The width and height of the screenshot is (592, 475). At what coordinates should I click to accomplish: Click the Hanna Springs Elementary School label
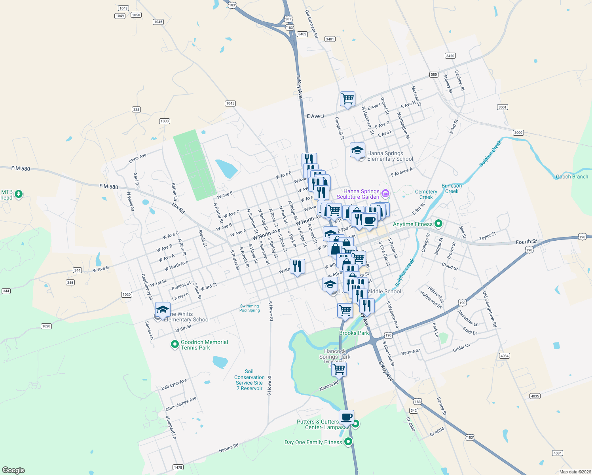click(x=390, y=156)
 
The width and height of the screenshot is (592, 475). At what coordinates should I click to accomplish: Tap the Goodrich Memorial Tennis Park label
click(x=204, y=345)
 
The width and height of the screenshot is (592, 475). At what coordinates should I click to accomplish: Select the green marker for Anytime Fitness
click(x=438, y=224)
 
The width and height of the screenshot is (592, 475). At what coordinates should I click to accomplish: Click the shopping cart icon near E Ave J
click(x=347, y=99)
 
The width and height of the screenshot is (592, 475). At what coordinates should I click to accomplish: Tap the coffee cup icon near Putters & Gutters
click(x=346, y=417)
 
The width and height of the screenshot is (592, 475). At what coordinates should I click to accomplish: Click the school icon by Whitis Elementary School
click(x=163, y=310)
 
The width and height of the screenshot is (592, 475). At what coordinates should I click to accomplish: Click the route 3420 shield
click(x=450, y=56)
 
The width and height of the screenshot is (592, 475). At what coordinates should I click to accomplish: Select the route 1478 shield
click(x=178, y=467)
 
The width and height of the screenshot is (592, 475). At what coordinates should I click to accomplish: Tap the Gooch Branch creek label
click(x=572, y=177)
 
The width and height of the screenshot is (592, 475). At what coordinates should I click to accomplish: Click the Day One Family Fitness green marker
click(x=348, y=441)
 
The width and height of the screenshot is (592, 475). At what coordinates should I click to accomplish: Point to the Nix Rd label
click(x=178, y=208)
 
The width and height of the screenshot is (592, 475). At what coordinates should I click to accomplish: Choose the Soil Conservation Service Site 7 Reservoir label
click(x=249, y=380)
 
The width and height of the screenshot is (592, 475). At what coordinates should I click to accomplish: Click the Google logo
click(x=13, y=470)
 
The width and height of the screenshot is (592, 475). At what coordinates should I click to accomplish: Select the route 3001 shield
click(x=502, y=107)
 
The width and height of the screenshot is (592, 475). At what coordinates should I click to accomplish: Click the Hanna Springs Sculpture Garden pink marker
click(x=385, y=193)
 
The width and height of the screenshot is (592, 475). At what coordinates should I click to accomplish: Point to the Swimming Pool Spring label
click(x=249, y=308)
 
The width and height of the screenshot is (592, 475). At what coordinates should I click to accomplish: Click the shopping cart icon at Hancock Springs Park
click(x=339, y=369)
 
